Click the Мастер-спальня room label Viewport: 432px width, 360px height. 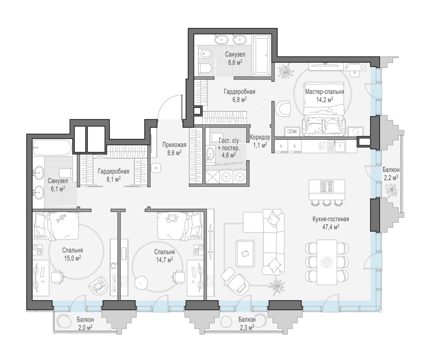[x=324, y=92]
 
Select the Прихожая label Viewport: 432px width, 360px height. [x=174, y=145]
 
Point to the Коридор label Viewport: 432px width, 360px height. [x=260, y=137]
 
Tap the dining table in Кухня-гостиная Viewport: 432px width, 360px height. [x=327, y=262]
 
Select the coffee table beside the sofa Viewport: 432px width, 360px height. [x=245, y=254]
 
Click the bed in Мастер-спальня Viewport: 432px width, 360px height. [x=324, y=109]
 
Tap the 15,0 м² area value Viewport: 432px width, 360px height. [x=72, y=258]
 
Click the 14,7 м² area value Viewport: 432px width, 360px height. [x=165, y=260]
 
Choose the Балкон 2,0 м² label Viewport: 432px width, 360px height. [x=85, y=323]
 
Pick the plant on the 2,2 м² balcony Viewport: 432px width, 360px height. [x=391, y=190]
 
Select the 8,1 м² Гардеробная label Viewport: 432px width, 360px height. [x=114, y=175]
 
